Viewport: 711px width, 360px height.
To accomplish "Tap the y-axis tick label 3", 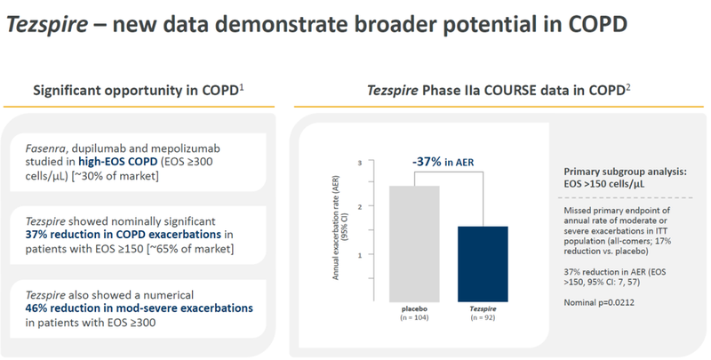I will click(x=360, y=163).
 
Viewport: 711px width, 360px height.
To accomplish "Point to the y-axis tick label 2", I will click(x=360, y=206).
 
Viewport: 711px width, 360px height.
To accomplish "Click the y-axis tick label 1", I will click(x=360, y=254).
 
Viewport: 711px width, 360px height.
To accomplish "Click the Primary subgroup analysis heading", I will click(x=627, y=171).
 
